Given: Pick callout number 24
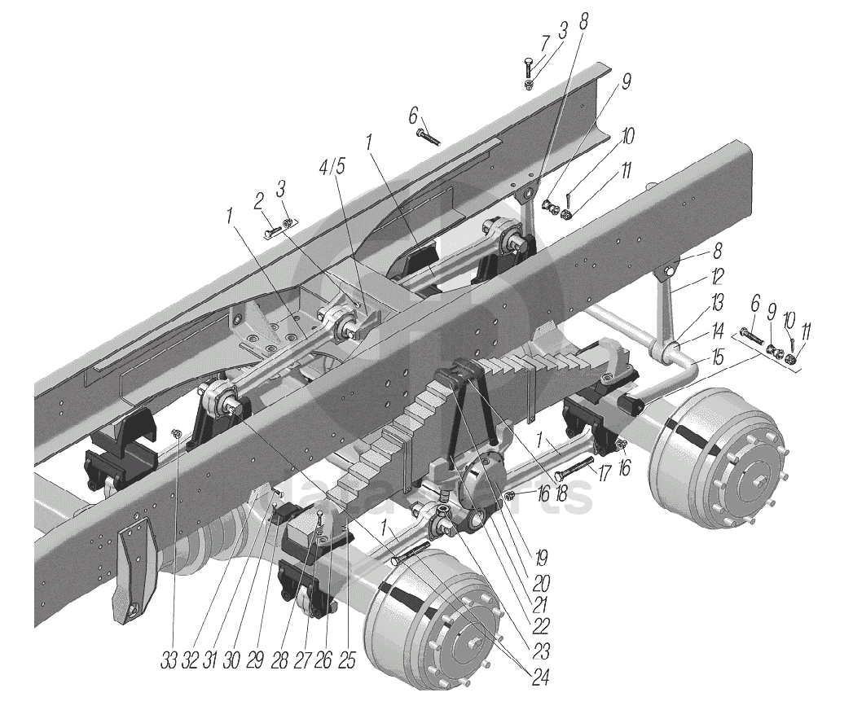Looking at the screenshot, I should coord(539,676).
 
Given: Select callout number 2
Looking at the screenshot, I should coord(259,199).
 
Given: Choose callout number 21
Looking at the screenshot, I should coord(539,606).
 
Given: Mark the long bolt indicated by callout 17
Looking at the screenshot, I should coord(576,470).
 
